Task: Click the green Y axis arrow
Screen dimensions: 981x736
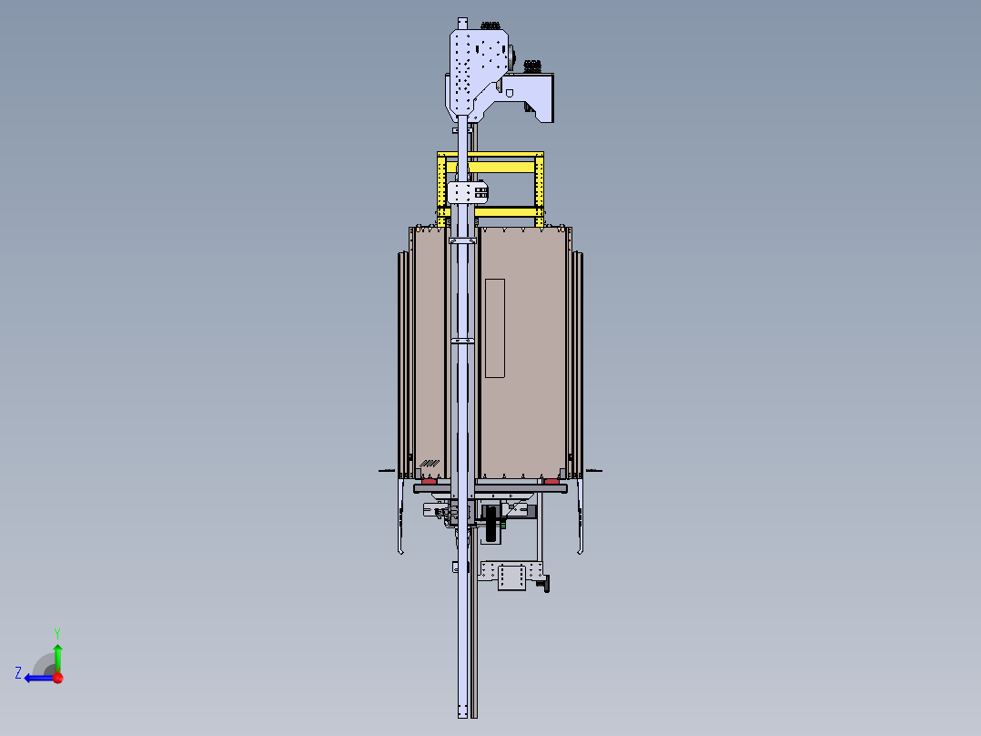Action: coord(57,658)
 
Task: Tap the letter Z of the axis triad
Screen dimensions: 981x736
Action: coord(18,673)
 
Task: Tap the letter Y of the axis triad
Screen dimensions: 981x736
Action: coord(57,633)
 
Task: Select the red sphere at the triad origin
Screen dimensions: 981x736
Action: coord(58,678)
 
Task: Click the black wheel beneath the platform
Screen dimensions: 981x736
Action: coord(491,525)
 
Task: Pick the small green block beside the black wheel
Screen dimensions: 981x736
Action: coord(502,525)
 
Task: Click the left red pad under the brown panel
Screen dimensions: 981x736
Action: coord(429,481)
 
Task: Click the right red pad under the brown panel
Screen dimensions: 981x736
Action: coord(551,481)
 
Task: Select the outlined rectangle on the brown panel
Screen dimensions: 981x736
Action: coord(495,328)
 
